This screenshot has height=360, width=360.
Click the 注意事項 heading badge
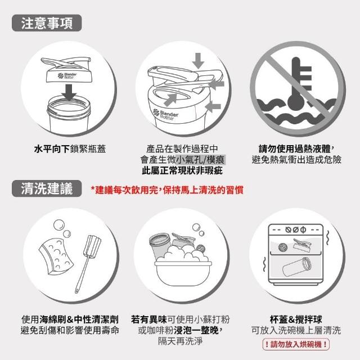click(47, 23)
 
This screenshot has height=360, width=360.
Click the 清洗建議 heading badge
click(47, 188)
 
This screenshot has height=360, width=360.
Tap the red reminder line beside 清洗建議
click(167, 190)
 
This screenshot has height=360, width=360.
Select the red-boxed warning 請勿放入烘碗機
click(296, 344)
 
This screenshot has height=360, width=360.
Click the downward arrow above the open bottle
click(69, 92)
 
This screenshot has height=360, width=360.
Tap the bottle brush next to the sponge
click(88, 264)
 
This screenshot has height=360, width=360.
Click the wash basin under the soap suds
click(183, 273)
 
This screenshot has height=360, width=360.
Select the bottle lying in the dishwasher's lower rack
click(297, 268)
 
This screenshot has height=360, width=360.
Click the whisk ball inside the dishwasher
click(282, 247)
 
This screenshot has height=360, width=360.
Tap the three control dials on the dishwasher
click(296, 229)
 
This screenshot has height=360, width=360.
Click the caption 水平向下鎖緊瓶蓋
click(70, 148)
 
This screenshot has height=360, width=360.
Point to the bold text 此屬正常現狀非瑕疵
click(182, 170)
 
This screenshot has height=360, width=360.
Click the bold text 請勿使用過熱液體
click(295, 148)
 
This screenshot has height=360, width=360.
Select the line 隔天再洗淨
click(180, 341)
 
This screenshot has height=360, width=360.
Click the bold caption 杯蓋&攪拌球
click(296, 319)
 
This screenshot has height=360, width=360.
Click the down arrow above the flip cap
click(198, 61)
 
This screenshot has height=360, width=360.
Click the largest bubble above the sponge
click(59, 225)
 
